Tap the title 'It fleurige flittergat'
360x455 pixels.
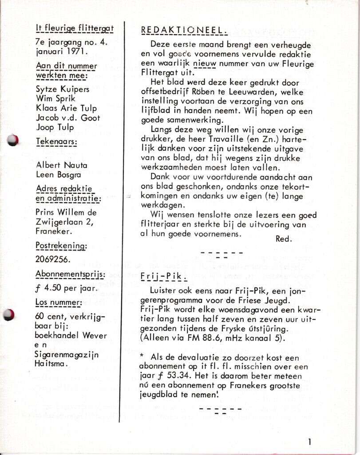75,28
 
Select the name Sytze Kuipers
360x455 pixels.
62,89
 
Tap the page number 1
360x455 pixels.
309,441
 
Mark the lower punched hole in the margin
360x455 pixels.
8,315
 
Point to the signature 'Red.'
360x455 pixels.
284,239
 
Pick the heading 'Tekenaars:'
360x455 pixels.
56,142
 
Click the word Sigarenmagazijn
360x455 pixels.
67,355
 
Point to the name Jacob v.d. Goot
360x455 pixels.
68,118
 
